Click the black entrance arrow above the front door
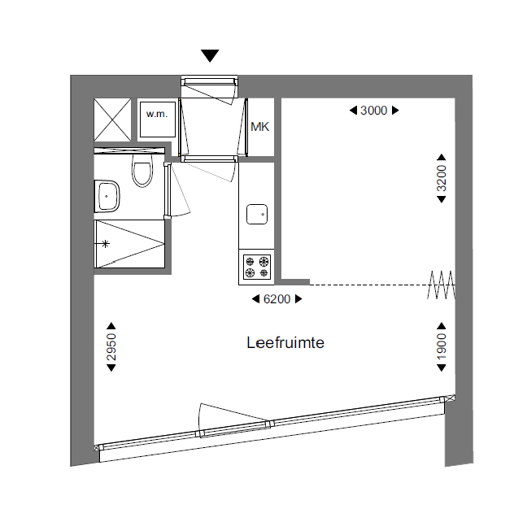(x=210, y=55)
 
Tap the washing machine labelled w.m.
(x=158, y=120)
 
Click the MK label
(x=259, y=127)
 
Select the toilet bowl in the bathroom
(x=142, y=170)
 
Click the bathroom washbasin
(x=107, y=196)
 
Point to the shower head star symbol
(x=105, y=244)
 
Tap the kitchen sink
(x=257, y=214)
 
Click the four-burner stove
(x=257, y=267)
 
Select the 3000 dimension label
(x=374, y=111)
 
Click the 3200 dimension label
(x=442, y=178)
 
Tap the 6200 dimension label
(x=277, y=299)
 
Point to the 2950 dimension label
(x=111, y=347)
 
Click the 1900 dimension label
(x=442, y=346)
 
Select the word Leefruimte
(x=285, y=342)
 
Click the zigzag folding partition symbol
(x=442, y=285)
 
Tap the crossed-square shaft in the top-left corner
(x=112, y=120)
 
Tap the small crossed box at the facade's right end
(x=450, y=398)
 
